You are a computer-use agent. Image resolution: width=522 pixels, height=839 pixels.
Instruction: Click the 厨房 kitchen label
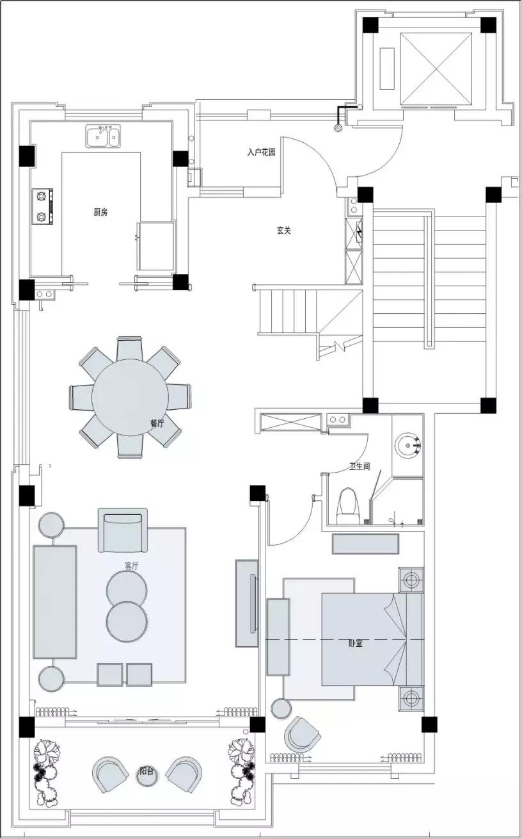(100, 212)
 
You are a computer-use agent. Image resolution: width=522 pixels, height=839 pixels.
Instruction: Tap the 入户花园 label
(261, 152)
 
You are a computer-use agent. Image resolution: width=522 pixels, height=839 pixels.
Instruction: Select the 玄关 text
(283, 231)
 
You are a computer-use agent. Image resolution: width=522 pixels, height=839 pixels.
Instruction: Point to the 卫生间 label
(360, 466)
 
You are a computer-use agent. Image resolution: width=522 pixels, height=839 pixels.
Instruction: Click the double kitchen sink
(103, 136)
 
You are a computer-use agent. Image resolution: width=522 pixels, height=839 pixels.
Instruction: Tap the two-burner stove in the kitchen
(42, 206)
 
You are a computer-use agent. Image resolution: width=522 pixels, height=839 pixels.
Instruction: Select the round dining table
(130, 397)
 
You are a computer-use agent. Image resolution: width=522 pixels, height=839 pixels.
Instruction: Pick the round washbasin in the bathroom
(408, 445)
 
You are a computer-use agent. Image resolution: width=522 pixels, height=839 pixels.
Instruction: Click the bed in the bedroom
(373, 639)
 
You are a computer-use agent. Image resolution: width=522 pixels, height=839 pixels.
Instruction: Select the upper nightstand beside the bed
(411, 580)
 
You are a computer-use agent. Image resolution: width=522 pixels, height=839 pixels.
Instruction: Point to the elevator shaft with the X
(436, 69)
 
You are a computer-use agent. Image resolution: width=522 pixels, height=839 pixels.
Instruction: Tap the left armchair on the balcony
(110, 774)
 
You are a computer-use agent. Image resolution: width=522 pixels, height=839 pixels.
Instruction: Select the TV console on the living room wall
(246, 603)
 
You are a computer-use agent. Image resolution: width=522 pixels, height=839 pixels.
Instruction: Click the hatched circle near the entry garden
(338, 127)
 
